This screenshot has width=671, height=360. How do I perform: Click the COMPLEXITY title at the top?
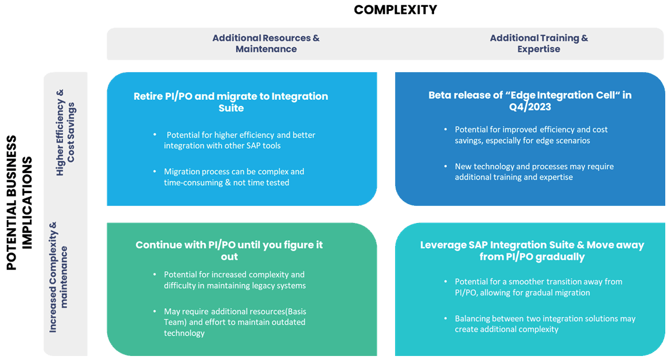[395, 10]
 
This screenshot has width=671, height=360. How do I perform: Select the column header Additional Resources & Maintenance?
[266, 44]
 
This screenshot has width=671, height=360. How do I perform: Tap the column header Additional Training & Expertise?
[539, 44]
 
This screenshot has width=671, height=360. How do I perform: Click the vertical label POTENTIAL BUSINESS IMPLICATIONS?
[19, 203]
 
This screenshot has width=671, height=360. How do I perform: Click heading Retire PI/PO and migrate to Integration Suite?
[231, 102]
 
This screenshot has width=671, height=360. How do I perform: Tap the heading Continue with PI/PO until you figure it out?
[229, 251]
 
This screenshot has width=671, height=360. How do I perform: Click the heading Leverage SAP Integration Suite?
[532, 251]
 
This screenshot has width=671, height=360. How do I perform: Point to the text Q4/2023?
[530, 107]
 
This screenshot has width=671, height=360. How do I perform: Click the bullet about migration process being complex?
[233, 177]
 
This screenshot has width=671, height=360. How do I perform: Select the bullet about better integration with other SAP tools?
[239, 140]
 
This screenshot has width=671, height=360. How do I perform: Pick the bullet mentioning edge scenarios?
[530, 135]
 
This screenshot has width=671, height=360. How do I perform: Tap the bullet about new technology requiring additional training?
[533, 171]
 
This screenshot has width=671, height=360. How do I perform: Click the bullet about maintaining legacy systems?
[235, 280]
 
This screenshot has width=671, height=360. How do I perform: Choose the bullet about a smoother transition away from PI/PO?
[538, 287]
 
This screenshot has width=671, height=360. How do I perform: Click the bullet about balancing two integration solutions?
[544, 323]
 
